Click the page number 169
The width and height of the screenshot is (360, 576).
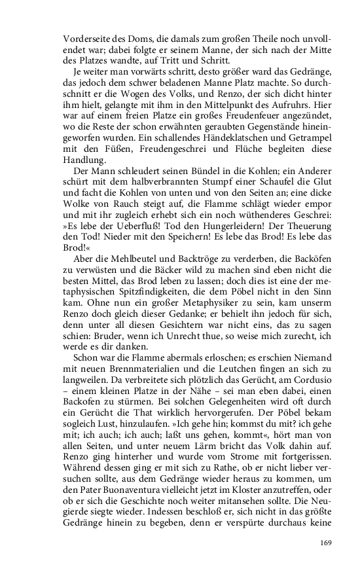coord(327,542)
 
